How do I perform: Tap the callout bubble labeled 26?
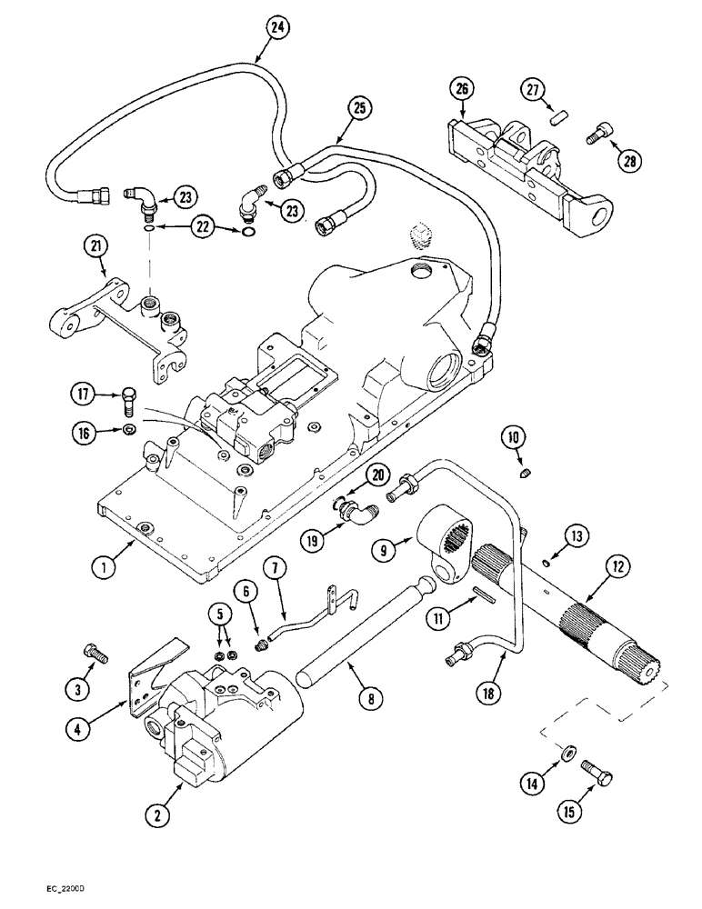tap(462, 89)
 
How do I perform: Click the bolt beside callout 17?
tap(126, 395)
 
